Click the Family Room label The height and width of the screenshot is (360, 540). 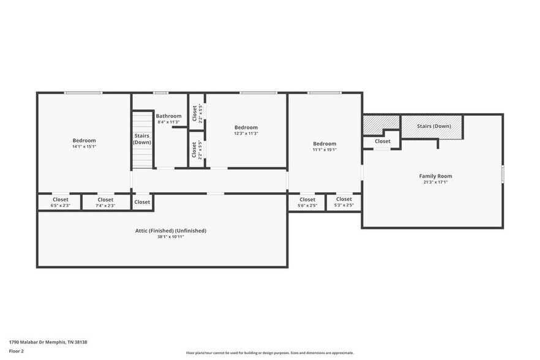tap(435, 176)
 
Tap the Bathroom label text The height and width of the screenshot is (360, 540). tap(168, 116)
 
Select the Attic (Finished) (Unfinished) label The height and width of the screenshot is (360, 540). tap(171, 231)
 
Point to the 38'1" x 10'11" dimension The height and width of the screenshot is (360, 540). tap(171, 237)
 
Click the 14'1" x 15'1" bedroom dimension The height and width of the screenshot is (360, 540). tap(84, 146)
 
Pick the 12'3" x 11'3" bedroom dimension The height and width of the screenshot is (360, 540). tap(246, 133)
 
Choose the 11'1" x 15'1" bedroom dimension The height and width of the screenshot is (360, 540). tap(324, 149)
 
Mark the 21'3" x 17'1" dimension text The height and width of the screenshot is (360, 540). tap(435, 182)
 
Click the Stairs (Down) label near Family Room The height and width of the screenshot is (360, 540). tap(434, 127)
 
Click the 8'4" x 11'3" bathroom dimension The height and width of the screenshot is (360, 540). tap(168, 122)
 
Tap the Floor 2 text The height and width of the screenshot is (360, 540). tap(17, 351)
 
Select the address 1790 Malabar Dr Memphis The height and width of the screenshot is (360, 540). tap(48, 342)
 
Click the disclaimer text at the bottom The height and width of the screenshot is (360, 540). tap(269, 353)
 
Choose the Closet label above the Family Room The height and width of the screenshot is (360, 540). tap(383, 141)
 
